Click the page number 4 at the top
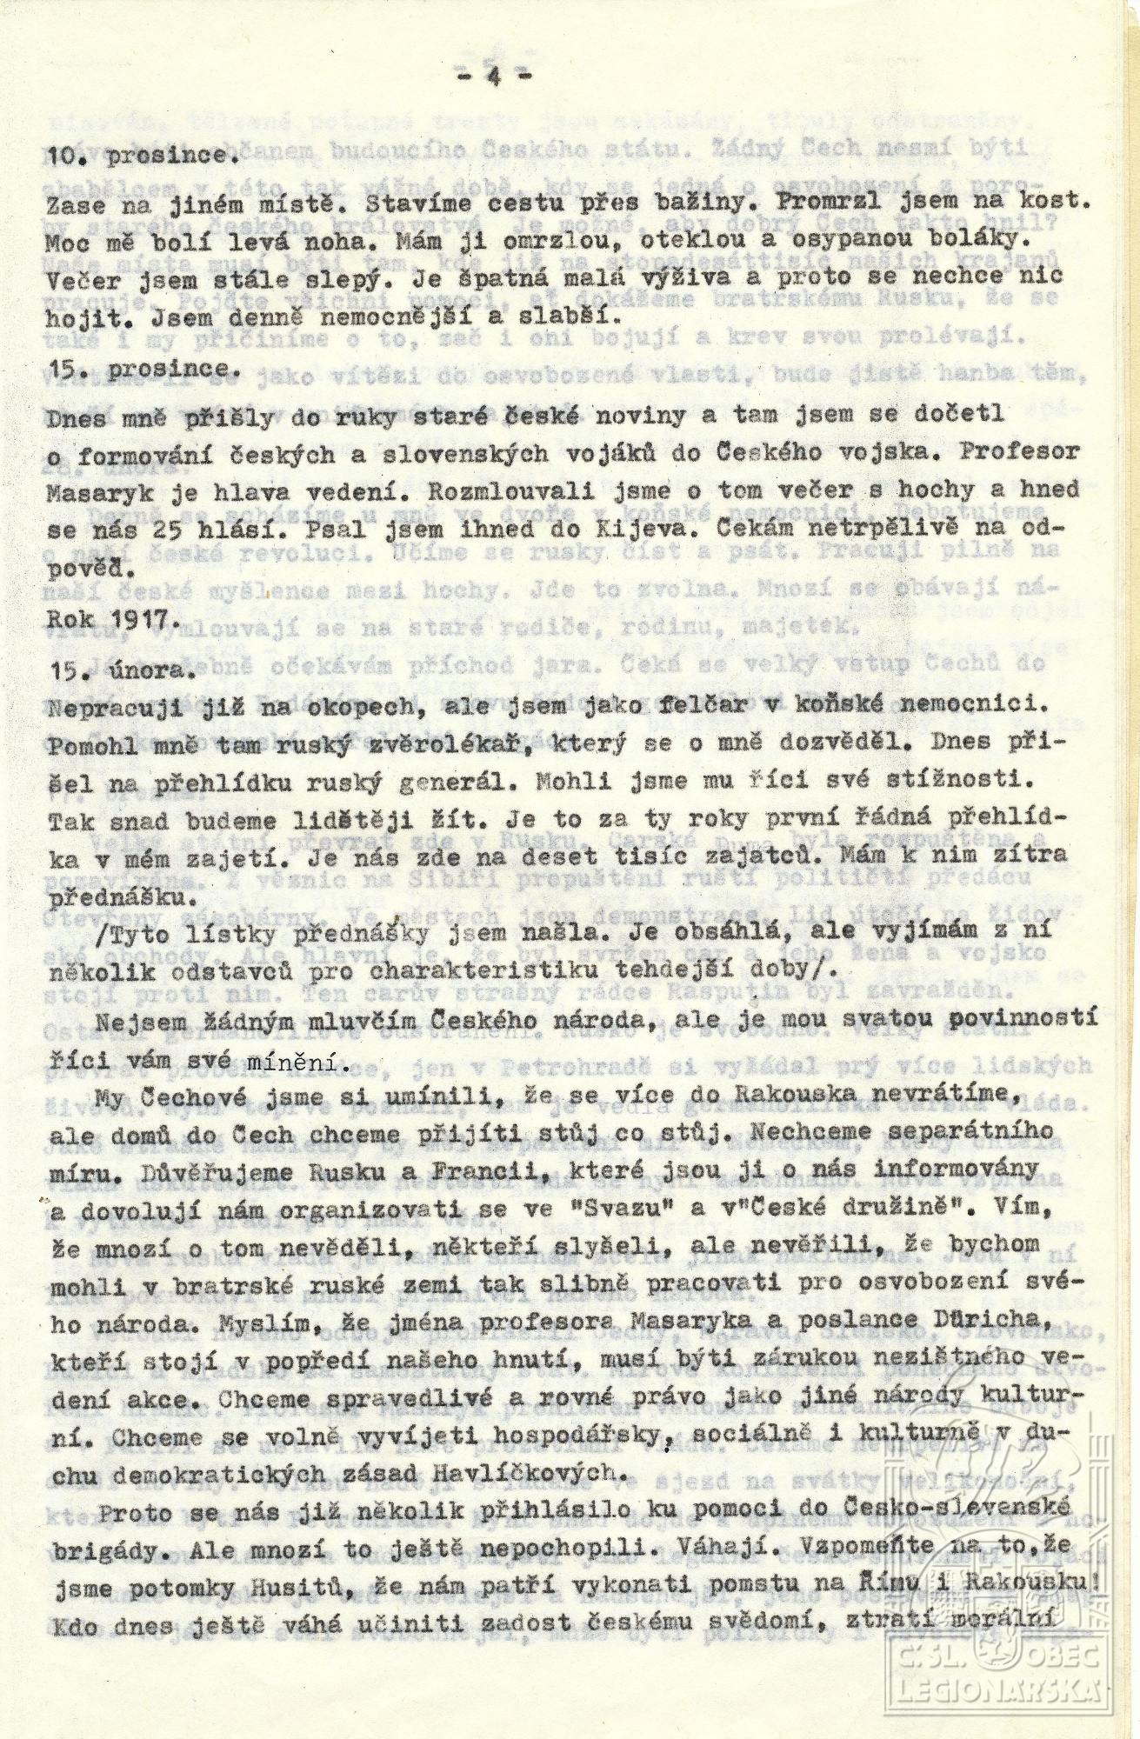[494, 76]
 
